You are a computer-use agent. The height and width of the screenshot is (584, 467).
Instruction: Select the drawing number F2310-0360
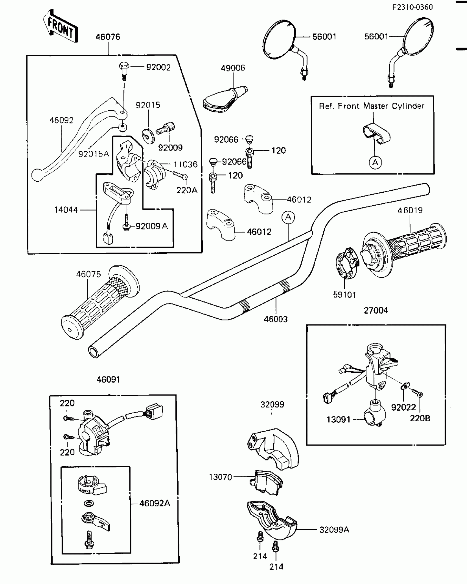(412, 7)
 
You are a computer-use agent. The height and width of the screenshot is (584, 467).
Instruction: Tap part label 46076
(108, 37)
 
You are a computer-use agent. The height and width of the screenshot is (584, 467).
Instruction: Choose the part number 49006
(233, 68)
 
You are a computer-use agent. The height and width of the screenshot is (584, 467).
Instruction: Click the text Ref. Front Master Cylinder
(371, 106)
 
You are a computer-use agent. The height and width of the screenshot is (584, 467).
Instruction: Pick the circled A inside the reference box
(375, 163)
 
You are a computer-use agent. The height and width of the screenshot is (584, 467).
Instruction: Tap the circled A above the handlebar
(288, 217)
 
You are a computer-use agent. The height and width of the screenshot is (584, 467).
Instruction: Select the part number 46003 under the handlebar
(276, 319)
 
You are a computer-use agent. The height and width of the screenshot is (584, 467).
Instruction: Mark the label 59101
(344, 295)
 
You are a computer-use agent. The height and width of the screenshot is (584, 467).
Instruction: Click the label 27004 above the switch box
(376, 310)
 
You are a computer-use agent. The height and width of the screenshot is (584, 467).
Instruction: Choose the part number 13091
(338, 420)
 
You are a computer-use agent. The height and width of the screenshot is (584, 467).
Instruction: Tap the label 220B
(420, 418)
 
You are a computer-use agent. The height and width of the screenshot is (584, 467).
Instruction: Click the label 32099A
(334, 530)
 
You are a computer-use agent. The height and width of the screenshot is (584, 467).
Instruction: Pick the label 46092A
(155, 503)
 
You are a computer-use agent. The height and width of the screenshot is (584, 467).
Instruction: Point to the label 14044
(66, 210)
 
